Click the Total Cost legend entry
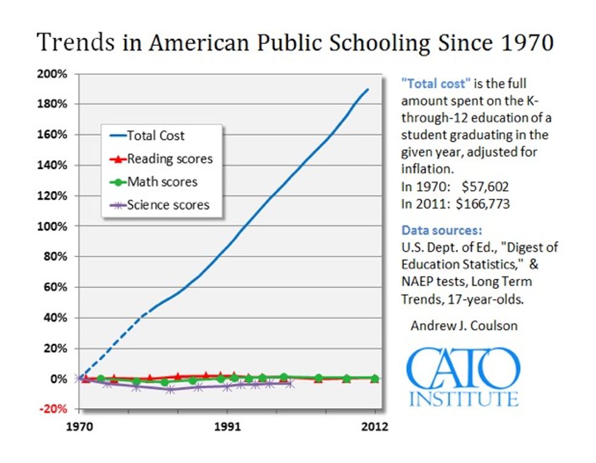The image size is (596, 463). tap(156, 136)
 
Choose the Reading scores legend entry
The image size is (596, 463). tap(170, 159)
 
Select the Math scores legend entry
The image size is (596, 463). tap(162, 182)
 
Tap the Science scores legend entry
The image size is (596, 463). tap(168, 205)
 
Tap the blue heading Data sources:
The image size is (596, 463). tap(442, 231)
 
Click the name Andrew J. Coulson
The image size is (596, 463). tap(464, 325)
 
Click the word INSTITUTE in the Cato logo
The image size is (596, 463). tap(464, 399)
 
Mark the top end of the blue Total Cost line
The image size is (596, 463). tap(368, 90)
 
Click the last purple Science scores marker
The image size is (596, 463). tap(290, 384)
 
